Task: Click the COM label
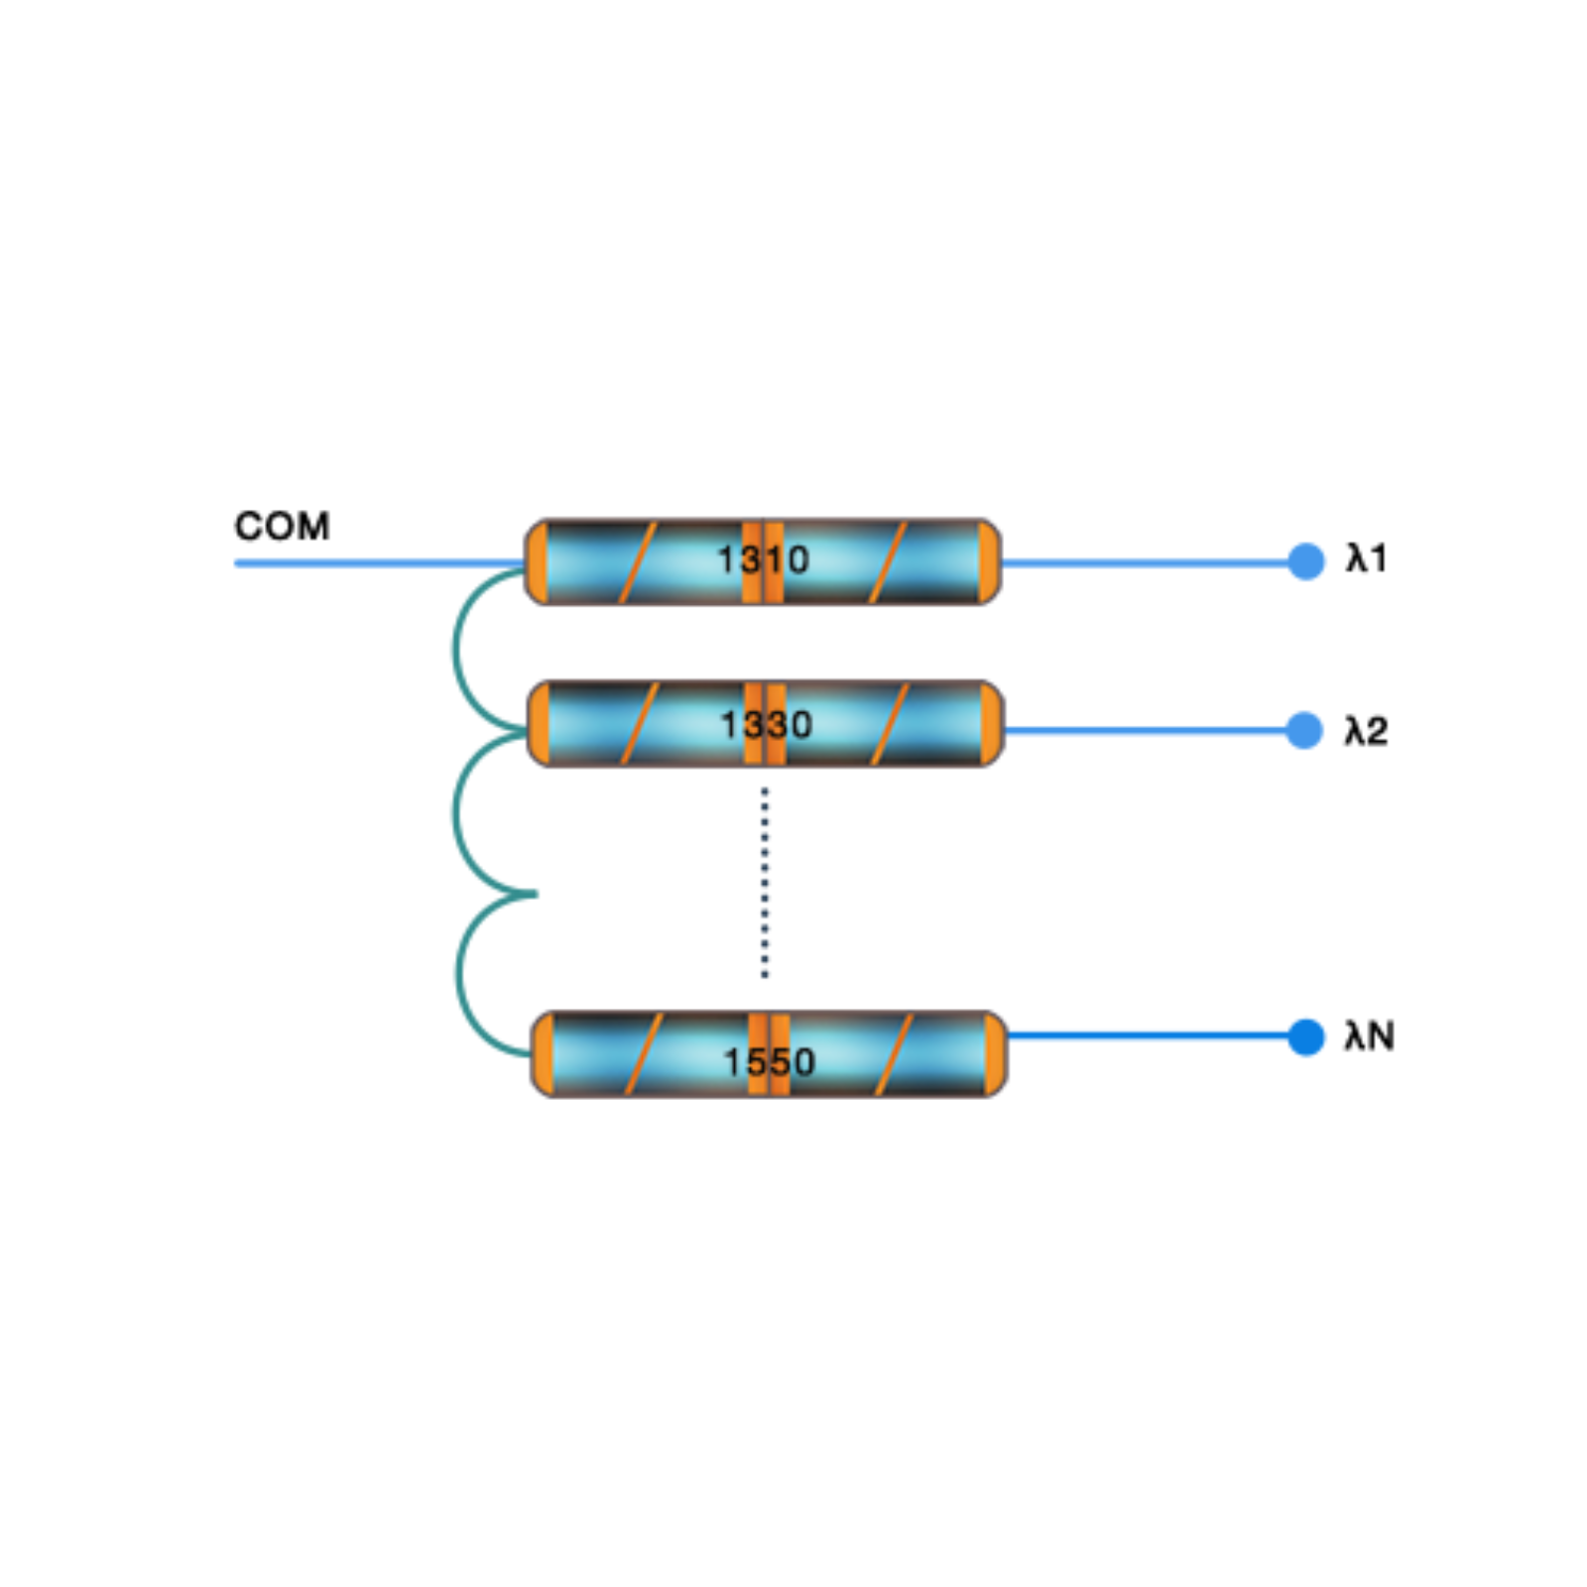(282, 526)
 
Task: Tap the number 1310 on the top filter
(763, 560)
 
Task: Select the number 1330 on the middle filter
(766, 725)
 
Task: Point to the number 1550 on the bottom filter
(769, 1062)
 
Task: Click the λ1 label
(1366, 559)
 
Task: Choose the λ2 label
(1366, 731)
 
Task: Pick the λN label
(1369, 1037)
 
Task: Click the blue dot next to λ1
(1305, 561)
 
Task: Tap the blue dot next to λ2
(1304, 731)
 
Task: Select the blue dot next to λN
(1305, 1038)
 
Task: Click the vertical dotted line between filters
(764, 883)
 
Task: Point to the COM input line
(377, 563)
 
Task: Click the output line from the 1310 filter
(1141, 562)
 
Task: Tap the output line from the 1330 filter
(1141, 731)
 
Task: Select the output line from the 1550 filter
(1141, 1037)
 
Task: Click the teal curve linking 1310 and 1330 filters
(455, 650)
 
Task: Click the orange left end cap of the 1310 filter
(537, 561)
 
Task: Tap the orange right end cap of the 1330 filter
(990, 724)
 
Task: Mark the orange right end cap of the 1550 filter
(994, 1054)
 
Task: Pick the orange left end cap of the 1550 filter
(543, 1054)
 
